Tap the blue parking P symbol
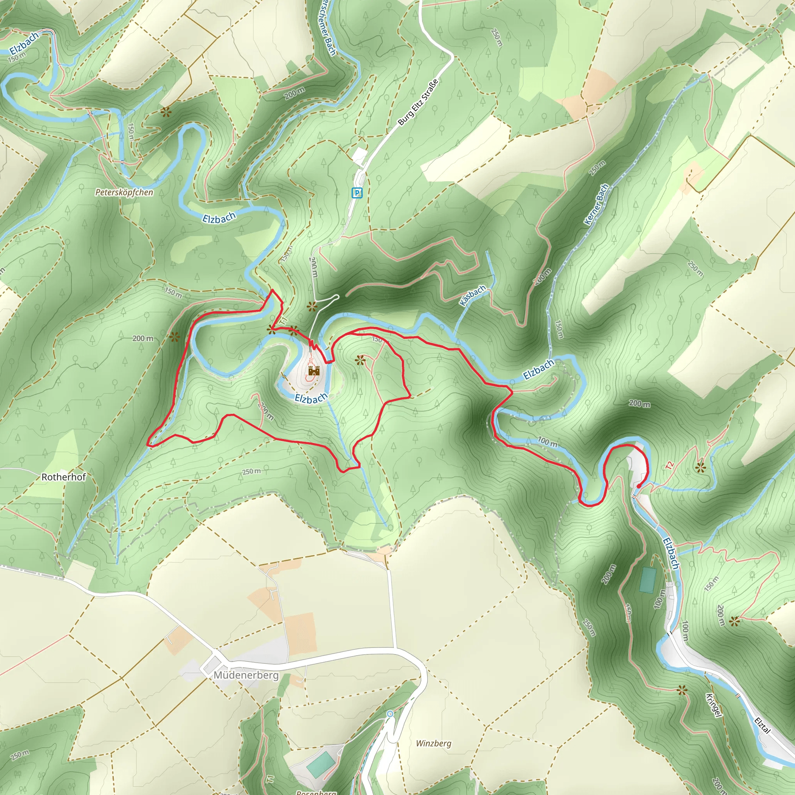(x=357, y=193)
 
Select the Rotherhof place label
(x=64, y=477)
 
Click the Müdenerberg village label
(x=246, y=675)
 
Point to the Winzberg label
(x=433, y=743)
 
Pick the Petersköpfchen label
(x=124, y=192)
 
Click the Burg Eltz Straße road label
(x=418, y=102)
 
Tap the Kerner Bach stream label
(x=596, y=204)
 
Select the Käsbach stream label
(x=472, y=295)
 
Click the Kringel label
(x=713, y=705)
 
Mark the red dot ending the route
(x=638, y=486)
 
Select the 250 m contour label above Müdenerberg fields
(x=251, y=471)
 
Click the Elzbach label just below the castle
(x=311, y=398)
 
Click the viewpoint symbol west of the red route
(x=174, y=337)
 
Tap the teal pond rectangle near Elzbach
(x=647, y=580)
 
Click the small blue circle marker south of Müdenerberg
(x=390, y=713)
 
